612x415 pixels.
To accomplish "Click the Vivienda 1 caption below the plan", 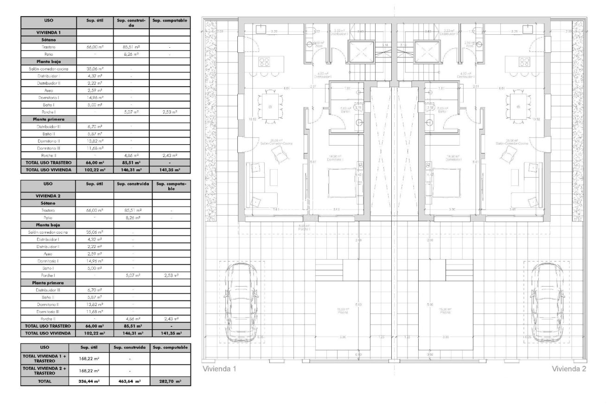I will click(x=220, y=369).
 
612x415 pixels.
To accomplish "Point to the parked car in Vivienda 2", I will click(x=548, y=302).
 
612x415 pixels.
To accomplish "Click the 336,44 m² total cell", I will click(x=88, y=381).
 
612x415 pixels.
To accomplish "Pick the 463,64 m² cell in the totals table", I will click(x=130, y=381).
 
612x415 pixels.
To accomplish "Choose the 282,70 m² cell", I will click(x=170, y=381).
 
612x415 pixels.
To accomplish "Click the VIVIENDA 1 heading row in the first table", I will click(x=48, y=32).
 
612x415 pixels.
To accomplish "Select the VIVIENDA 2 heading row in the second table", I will click(x=48, y=196).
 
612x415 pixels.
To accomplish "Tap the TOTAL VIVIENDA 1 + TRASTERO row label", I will click(x=45, y=358).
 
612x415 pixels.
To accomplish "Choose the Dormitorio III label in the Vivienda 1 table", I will click(x=48, y=148).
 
